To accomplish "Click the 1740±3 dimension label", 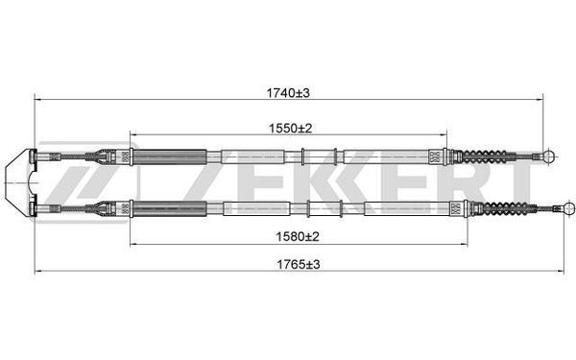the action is tap(288, 93).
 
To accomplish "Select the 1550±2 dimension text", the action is tap(290, 129).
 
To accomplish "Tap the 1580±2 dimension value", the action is tap(298, 236).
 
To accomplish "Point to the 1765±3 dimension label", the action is tap(299, 264).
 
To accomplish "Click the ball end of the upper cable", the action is tap(550, 156).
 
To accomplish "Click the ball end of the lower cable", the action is tap(569, 208).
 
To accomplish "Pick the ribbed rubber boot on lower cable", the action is tap(504, 208).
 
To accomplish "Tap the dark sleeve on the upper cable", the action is tap(169, 156).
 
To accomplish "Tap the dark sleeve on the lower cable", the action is tap(169, 209).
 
